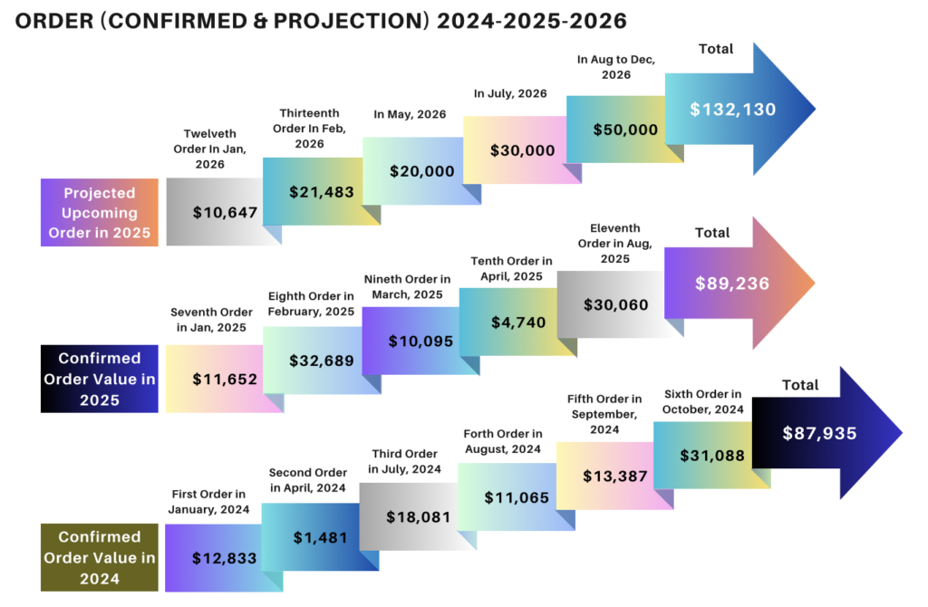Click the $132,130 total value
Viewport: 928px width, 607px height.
(x=732, y=110)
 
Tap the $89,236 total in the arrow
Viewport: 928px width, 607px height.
(x=731, y=284)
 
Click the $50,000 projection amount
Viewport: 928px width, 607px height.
(x=625, y=130)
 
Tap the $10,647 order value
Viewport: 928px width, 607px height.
(x=225, y=213)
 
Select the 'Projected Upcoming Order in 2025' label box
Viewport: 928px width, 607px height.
(x=100, y=214)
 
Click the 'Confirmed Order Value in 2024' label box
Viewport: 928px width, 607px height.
(x=100, y=557)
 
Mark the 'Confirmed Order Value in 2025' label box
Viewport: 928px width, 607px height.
(x=100, y=379)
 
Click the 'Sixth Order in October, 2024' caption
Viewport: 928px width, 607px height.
(x=702, y=401)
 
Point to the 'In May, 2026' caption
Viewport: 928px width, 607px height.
(x=410, y=114)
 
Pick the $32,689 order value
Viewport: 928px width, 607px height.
(x=321, y=360)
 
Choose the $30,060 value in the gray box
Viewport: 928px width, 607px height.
(x=615, y=305)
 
